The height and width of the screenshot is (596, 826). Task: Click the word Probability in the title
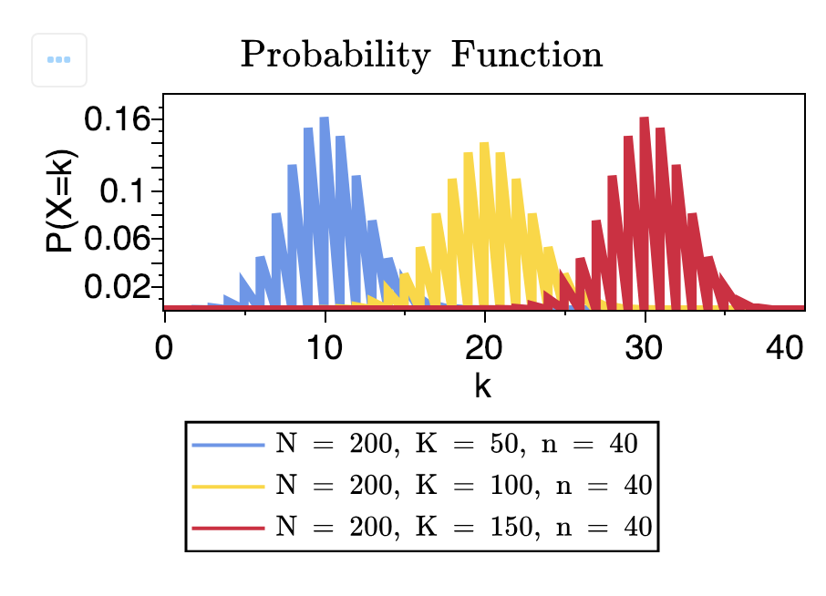coord(334,57)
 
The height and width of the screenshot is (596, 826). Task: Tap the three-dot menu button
coord(59,60)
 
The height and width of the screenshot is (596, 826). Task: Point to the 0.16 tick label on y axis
coord(117,118)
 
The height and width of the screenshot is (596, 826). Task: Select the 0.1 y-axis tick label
coord(125,190)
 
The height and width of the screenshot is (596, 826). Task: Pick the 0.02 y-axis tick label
coord(117,287)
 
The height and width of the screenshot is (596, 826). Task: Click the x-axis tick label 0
coord(164,349)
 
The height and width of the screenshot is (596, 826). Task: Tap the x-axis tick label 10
coord(325,349)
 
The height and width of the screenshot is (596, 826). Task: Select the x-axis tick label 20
coord(484,349)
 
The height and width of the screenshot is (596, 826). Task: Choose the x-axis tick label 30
coord(645,349)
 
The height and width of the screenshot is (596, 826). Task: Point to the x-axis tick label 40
coord(785,349)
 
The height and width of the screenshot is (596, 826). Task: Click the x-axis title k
coord(482,385)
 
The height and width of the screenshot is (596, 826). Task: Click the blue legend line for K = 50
coord(229,444)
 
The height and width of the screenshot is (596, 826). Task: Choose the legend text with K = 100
coord(463,485)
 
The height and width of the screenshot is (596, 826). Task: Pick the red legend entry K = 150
coord(463,527)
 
